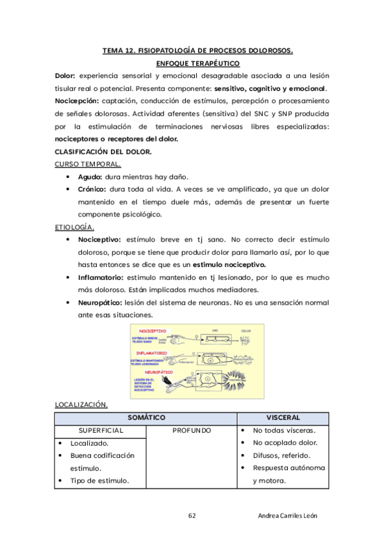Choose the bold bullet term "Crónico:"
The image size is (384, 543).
click(93, 189)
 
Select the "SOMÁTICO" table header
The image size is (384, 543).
click(147, 417)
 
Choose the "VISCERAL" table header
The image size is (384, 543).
click(283, 417)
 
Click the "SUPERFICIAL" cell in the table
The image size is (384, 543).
click(101, 430)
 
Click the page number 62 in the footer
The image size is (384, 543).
click(192, 515)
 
